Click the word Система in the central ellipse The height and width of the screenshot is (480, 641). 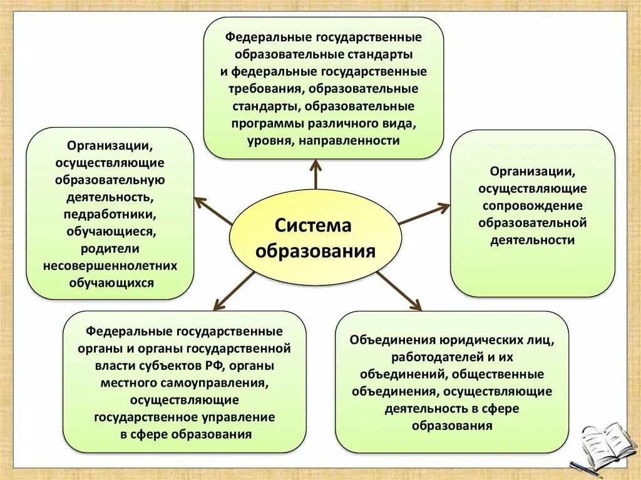(314, 225)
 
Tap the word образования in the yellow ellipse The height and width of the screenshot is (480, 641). (315, 251)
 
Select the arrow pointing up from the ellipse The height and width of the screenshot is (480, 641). (315, 174)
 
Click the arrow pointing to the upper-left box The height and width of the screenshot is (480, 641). (213, 211)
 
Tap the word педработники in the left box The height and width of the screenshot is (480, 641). (110, 214)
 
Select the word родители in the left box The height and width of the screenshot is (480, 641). (110, 248)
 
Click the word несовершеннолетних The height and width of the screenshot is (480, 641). (110, 265)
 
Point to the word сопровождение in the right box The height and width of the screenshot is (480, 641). (532, 205)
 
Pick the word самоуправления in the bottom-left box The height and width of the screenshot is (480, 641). (226, 382)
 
